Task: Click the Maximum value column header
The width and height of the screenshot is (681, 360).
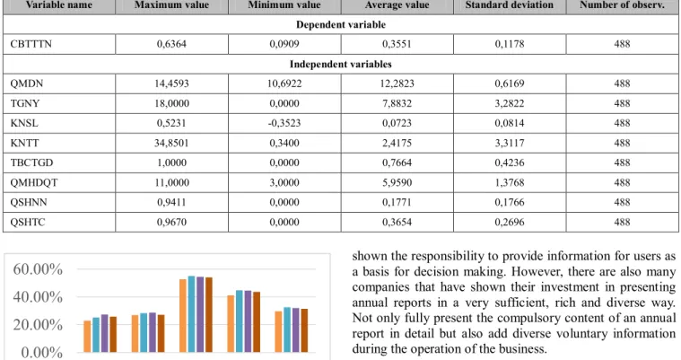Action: tap(171, 5)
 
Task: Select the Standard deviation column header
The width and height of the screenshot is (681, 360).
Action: tap(510, 5)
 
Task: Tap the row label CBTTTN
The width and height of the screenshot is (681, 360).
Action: tap(31, 44)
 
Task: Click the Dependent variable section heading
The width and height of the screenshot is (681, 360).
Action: tap(341, 24)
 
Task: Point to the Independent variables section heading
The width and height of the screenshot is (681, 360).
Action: tap(341, 64)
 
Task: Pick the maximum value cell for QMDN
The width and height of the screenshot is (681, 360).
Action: tap(171, 83)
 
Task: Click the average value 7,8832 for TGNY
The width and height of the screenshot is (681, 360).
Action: tap(397, 103)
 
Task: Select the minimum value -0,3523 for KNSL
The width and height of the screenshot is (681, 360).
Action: tap(284, 123)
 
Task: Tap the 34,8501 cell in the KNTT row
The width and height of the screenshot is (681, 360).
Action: tap(171, 143)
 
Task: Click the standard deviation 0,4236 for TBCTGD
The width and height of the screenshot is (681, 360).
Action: tap(510, 162)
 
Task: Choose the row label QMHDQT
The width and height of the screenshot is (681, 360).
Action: tap(34, 182)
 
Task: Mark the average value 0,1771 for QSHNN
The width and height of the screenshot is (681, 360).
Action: tap(397, 202)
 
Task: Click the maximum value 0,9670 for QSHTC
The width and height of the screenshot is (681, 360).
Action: tap(171, 222)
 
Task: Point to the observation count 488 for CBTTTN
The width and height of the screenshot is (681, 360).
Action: tap(622, 44)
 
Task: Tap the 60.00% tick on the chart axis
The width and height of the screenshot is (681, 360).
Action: tap(38, 269)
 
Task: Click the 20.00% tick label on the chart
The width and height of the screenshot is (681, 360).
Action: tap(38, 324)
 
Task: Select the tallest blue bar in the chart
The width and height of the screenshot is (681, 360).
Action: tap(191, 314)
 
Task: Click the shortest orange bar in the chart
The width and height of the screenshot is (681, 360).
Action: tap(87, 337)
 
